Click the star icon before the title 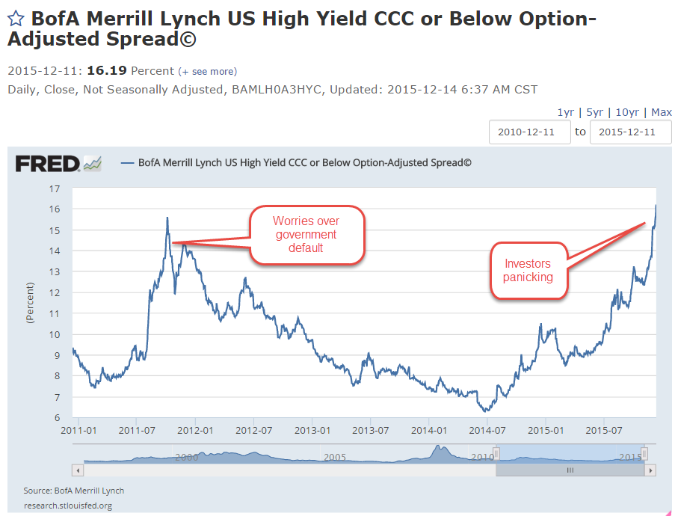[16, 19]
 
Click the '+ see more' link [207, 72]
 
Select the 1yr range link [566, 112]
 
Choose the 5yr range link [595, 112]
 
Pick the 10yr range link [627, 112]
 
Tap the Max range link [662, 112]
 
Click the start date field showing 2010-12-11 [529, 132]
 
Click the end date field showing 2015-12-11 [630, 132]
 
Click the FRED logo [58, 163]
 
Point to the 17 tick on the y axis [55, 189]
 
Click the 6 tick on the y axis [56, 418]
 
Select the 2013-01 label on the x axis [312, 431]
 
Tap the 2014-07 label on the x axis [487, 431]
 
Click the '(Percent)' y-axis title [31, 303]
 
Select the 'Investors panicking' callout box [528, 271]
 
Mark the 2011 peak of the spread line [167, 218]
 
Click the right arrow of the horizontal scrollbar [651, 470]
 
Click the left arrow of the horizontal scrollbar [78, 470]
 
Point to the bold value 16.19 [107, 71]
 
